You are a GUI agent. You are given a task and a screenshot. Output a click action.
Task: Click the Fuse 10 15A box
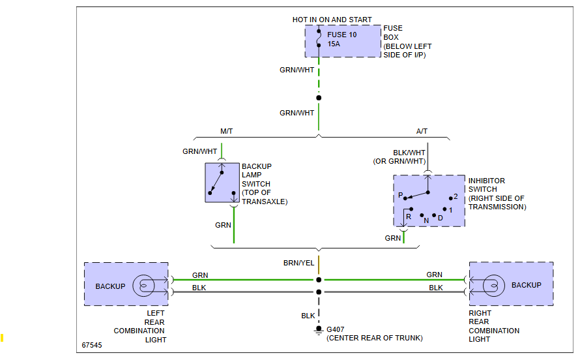tap(343, 41)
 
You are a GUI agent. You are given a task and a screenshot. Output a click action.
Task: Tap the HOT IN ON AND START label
tap(332, 20)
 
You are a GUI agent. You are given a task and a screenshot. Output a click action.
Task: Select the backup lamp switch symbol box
tap(222, 183)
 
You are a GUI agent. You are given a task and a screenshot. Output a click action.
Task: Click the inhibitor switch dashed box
tap(429, 200)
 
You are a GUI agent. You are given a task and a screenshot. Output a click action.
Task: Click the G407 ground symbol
tap(319, 331)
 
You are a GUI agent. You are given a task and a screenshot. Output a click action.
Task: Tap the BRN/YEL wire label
tap(298, 263)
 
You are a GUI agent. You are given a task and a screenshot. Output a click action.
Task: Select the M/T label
tap(226, 131)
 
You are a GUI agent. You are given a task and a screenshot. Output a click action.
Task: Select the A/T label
tap(423, 131)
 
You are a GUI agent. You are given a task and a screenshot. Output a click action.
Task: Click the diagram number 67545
tap(92, 345)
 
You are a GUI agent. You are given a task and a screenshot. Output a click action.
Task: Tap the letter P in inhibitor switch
tap(401, 196)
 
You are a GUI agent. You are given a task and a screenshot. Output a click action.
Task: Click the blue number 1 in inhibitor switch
tap(450, 209)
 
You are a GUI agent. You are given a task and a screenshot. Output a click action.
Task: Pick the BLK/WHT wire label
tap(409, 153)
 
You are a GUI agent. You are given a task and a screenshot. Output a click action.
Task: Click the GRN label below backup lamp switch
tap(223, 225)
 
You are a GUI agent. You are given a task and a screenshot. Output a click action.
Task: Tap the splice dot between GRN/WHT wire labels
tap(319, 98)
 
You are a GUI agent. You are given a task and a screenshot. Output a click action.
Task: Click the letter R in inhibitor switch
tap(409, 216)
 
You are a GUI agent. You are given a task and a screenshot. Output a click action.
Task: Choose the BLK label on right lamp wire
tap(435, 288)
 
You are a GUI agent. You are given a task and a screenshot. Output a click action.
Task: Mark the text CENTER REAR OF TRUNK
tap(375, 338)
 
